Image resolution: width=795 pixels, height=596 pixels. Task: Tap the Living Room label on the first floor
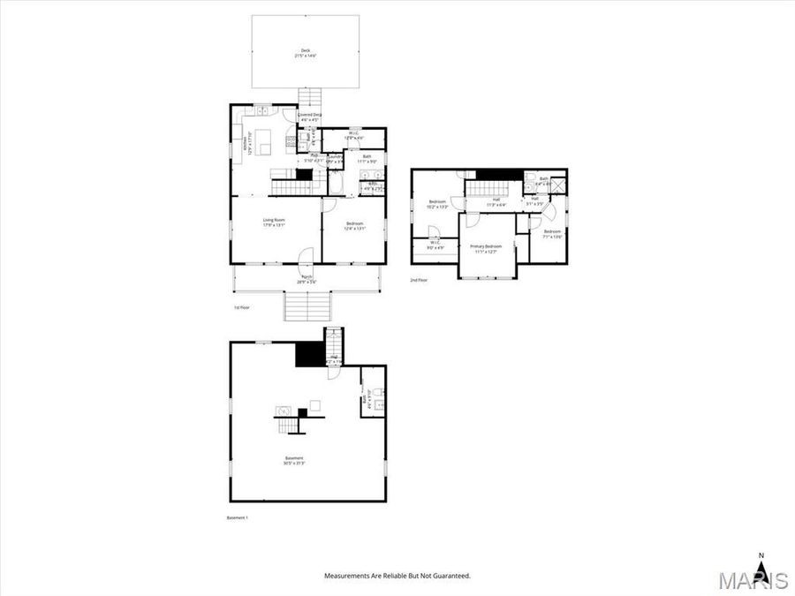pyautogui.click(x=273, y=222)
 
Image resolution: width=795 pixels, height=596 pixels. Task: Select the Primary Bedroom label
pyautogui.click(x=486, y=248)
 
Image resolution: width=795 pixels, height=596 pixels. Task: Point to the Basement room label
pyautogui.click(x=294, y=459)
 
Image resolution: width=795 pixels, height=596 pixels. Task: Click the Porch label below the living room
pyautogui.click(x=307, y=279)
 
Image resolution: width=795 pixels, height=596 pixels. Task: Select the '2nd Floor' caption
pyautogui.click(x=419, y=280)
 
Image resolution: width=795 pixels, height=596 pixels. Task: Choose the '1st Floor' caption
pyautogui.click(x=242, y=307)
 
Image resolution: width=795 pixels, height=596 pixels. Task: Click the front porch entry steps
pyautogui.click(x=307, y=307)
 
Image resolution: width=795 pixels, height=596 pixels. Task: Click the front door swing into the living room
pyautogui.click(x=305, y=256)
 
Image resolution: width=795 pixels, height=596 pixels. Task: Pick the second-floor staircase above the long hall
pyautogui.click(x=482, y=188)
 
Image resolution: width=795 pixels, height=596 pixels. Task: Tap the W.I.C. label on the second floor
pyautogui.click(x=435, y=244)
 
